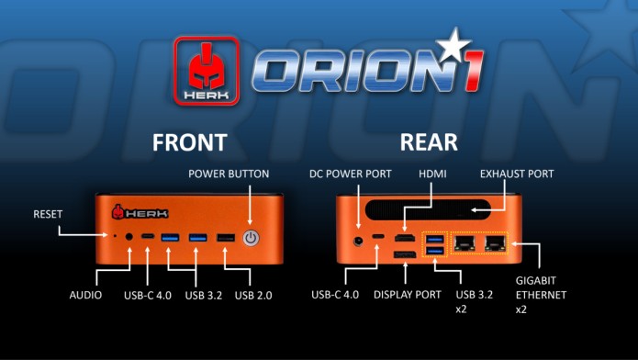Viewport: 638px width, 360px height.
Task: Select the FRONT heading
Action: click(x=190, y=143)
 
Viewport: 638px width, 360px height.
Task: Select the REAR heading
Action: click(x=430, y=143)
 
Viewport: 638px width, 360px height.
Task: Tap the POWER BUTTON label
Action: click(x=229, y=173)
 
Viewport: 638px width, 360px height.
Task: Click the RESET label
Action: click(x=47, y=213)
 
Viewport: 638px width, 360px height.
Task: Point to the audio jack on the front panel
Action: click(x=129, y=239)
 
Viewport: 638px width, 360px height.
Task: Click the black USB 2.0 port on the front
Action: click(x=224, y=239)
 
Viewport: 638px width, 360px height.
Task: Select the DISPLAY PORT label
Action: click(x=408, y=295)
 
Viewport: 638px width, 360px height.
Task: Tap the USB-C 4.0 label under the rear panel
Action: click(x=341, y=295)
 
